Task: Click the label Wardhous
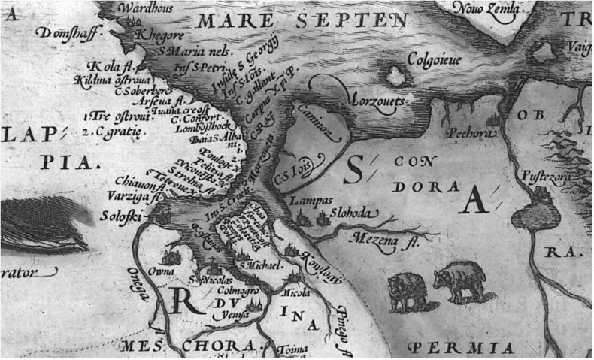142,9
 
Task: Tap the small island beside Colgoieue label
393,74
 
